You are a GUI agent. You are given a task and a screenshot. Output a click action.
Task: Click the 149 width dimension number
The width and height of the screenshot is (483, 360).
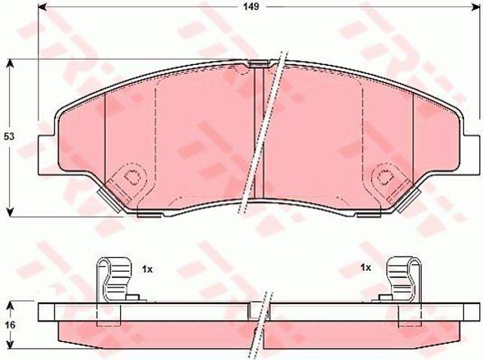[x=251, y=7]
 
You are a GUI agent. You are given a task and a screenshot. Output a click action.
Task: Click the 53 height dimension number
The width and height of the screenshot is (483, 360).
[x=9, y=137]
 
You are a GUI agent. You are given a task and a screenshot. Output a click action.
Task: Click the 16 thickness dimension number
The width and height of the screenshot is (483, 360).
[x=10, y=325]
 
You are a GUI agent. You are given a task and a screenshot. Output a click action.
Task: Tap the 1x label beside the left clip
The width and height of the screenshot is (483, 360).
[x=147, y=269]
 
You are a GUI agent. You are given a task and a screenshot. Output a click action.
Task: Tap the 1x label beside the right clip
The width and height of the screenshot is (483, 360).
[x=366, y=268]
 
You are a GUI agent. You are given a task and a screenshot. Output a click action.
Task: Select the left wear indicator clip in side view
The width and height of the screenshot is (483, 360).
[x=114, y=279]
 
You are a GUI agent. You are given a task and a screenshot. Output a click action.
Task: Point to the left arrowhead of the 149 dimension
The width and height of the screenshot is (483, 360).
[x=42, y=7]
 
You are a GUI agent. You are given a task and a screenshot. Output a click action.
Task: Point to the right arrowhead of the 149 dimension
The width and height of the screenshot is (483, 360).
[x=476, y=7]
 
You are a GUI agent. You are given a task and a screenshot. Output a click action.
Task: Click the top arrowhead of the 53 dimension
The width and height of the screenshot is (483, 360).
[x=10, y=63]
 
